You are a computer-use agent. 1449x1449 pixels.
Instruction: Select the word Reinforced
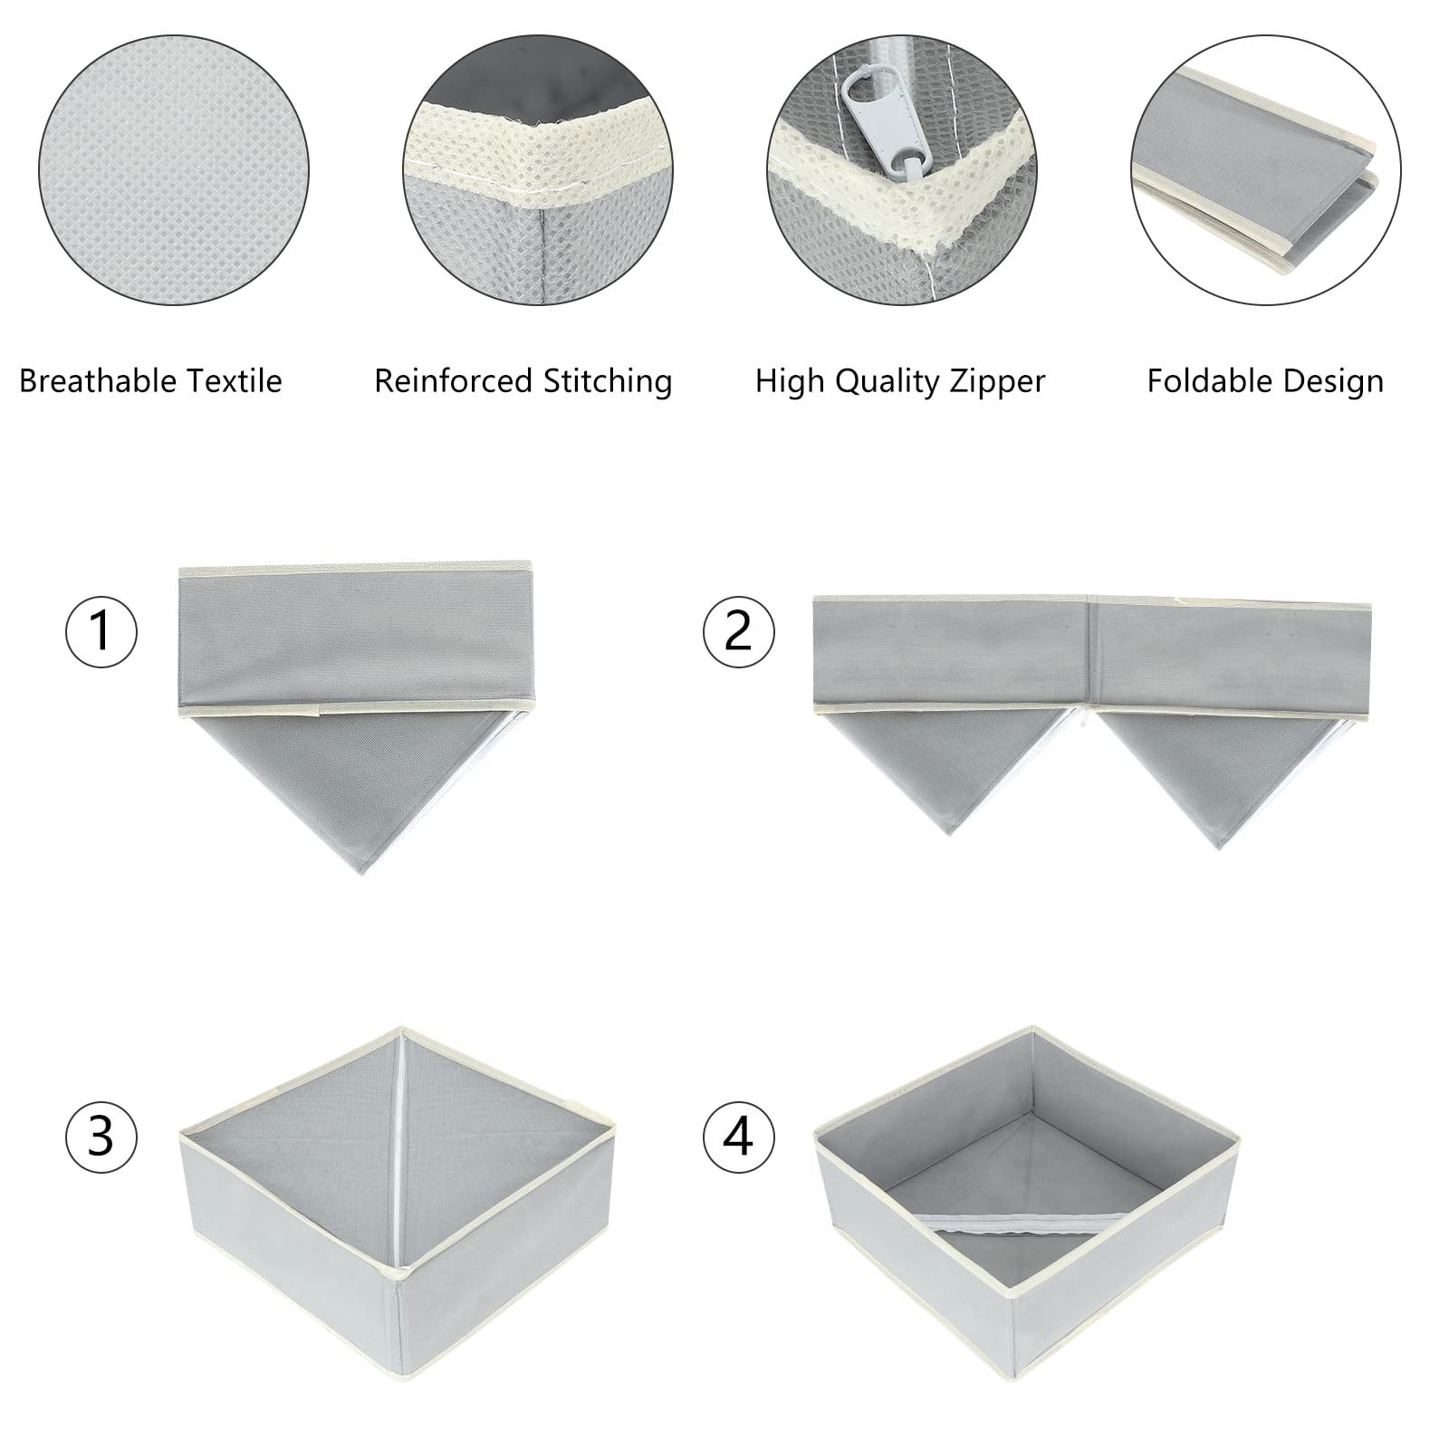click(x=455, y=380)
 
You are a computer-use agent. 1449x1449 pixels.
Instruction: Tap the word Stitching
click(x=608, y=382)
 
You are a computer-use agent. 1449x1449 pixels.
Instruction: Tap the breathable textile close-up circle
click(x=174, y=172)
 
